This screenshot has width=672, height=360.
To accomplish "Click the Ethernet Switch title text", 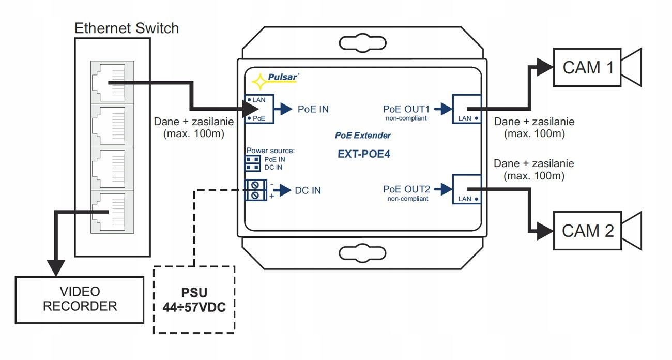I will pos(127,28).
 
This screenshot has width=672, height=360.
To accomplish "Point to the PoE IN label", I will pos(313,109).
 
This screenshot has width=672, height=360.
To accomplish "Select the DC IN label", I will pos(308,190).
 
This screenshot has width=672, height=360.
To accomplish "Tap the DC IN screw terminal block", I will pos(255,190).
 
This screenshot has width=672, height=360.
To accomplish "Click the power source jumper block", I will pos(253,163).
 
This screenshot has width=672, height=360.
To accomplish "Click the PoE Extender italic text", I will pos(362,136).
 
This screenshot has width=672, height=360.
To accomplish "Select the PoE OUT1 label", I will pos(407,109).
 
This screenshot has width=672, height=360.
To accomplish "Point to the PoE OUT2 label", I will pos(407,189).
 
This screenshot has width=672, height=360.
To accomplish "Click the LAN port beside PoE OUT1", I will pos(467,109).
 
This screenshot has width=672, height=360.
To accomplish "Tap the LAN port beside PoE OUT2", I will pos(467,189).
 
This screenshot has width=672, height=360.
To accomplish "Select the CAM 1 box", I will pos(588,67).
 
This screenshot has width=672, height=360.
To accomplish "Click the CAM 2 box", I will pos(588,230).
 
